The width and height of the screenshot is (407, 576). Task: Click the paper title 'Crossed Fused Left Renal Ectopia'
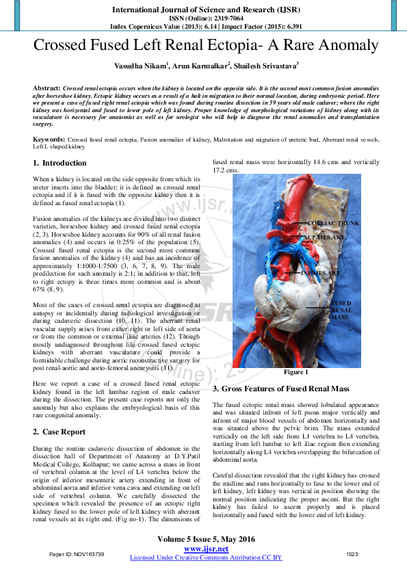coord(206,46)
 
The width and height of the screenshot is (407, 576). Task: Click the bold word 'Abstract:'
coord(47,89)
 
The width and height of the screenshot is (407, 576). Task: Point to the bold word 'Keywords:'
coord(49,139)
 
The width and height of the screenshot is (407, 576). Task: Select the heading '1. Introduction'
coord(60,163)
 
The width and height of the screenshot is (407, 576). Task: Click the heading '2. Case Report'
coord(60,432)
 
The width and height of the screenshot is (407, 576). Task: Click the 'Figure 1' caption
coord(297,372)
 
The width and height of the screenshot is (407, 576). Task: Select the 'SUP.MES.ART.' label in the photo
coord(325,237)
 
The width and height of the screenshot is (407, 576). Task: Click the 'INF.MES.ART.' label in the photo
coord(321,272)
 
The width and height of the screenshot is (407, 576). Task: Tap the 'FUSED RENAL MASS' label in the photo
coord(341,310)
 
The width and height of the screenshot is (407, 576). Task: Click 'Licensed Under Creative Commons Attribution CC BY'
coord(206,558)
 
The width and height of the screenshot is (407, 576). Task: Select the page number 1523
coord(352,553)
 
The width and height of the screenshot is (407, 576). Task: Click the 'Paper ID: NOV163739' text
coord(77,553)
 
